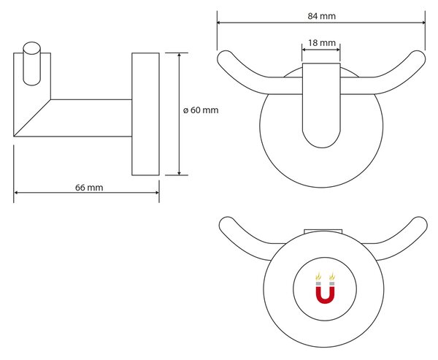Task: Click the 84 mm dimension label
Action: [321, 16]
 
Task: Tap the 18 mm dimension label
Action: [322, 43]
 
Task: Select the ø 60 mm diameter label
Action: [201, 110]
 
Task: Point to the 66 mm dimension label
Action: [89, 187]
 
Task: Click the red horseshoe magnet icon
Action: [325, 294]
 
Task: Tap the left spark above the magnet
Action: [318, 277]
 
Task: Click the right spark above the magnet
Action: [332, 277]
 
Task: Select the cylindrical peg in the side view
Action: [32, 64]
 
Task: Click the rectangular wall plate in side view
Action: [145, 114]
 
